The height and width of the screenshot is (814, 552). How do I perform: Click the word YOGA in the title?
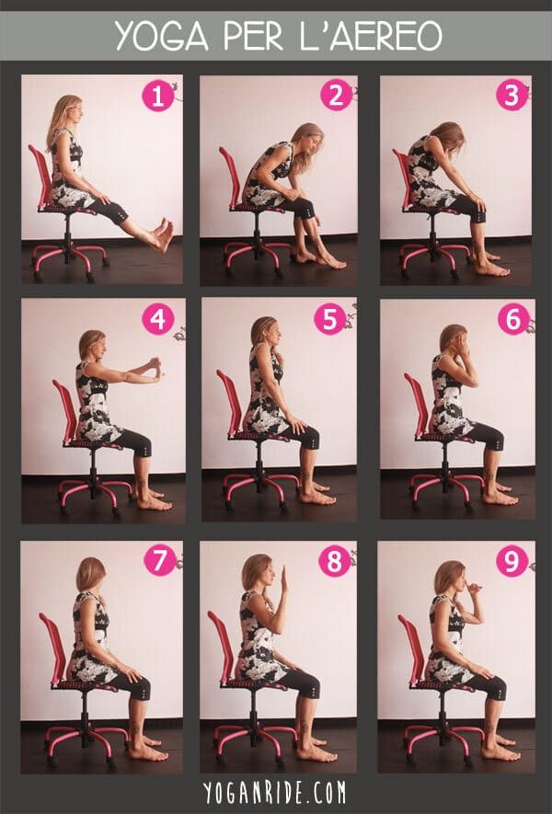pos(162,36)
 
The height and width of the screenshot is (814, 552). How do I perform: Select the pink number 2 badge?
pos(336,96)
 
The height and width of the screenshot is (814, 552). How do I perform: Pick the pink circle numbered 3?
pos(512,95)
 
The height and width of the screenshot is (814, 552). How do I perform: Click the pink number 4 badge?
pos(158,319)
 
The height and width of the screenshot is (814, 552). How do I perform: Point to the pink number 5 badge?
pos(329,318)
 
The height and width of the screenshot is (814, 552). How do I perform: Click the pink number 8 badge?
pos(334,561)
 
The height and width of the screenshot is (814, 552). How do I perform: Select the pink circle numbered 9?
pos(512,560)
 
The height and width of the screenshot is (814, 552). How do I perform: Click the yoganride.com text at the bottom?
pos(275,793)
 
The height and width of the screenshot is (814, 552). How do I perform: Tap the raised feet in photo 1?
pos(163,235)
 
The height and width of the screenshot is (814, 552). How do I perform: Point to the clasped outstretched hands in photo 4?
pos(155,368)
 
